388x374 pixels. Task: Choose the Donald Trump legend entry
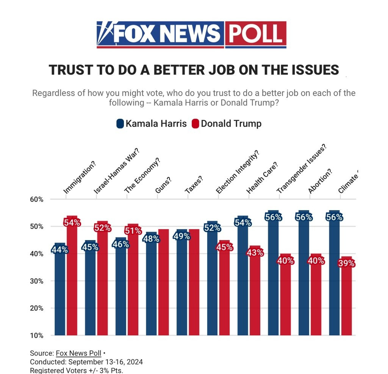227,124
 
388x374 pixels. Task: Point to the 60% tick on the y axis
37,200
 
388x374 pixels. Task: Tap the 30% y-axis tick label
37,281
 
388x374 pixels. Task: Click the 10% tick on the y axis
37,335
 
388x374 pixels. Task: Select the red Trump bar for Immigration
72,281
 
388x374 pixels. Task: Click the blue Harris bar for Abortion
304,281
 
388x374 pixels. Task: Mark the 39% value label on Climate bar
346,264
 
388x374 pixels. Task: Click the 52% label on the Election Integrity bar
212,228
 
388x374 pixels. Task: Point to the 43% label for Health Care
255,252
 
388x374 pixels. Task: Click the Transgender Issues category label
301,169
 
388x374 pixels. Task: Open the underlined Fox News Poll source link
78,353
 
